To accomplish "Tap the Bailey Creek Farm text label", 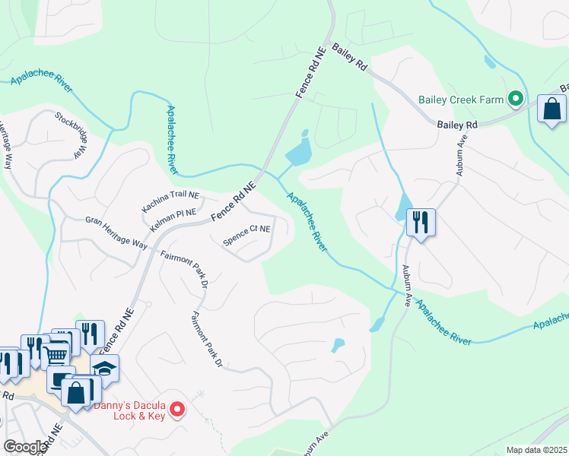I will click(x=461, y=100).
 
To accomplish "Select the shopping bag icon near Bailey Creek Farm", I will click(x=552, y=109).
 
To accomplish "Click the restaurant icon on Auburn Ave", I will click(x=421, y=223).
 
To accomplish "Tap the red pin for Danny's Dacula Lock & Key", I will click(x=178, y=410).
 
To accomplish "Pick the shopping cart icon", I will click(x=56, y=355).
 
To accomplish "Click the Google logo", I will click(x=24, y=447).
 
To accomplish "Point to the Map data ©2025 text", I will click(x=536, y=450).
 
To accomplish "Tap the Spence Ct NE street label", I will click(x=246, y=235).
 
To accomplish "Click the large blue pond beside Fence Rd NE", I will click(x=298, y=151).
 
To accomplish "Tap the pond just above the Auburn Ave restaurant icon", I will click(x=402, y=205).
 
